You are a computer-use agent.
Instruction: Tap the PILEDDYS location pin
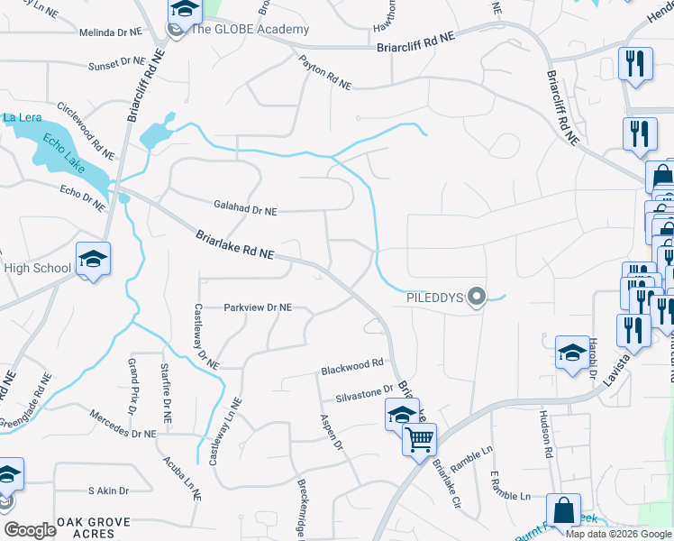pos(478,297)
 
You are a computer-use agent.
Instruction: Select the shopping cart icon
pos(419,441)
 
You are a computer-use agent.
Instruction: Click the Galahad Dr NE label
pos(245,210)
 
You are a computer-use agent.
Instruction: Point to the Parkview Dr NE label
pos(258,307)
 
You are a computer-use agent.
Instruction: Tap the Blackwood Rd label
pos(352,365)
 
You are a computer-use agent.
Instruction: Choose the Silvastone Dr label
pos(365,391)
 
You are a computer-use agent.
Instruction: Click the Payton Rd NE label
pos(326,70)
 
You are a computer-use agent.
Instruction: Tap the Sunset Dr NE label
pos(117,63)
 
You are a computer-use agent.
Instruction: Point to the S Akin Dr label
pos(108,491)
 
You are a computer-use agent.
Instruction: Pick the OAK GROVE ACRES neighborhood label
pos(93,527)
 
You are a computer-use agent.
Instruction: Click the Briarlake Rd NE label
pos(234,245)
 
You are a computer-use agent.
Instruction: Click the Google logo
pos(30,530)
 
